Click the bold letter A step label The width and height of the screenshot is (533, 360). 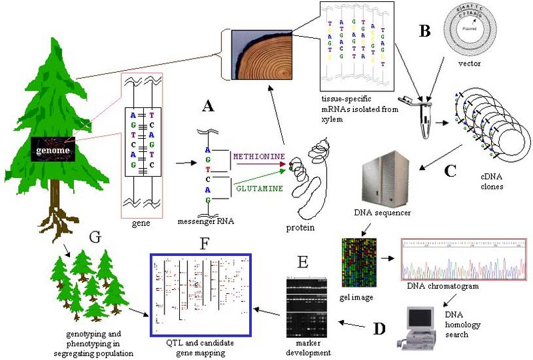(208, 105)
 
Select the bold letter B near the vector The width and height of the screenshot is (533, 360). (424, 30)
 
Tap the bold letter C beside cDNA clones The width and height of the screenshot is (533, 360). (450, 169)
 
